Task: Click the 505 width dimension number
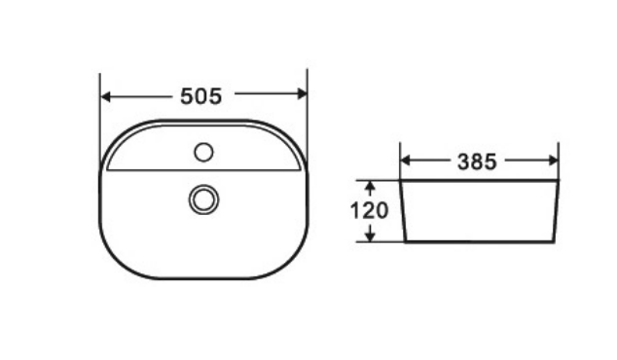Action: [x=201, y=96]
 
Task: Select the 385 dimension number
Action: [x=477, y=162]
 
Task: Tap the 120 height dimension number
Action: [x=369, y=211]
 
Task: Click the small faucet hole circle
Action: [x=203, y=152]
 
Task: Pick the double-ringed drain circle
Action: [x=203, y=199]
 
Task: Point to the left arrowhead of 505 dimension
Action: [x=105, y=96]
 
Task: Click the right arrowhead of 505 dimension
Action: [x=303, y=93]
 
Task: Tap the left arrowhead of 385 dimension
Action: [x=405, y=161]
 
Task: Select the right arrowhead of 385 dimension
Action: [x=553, y=161]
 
